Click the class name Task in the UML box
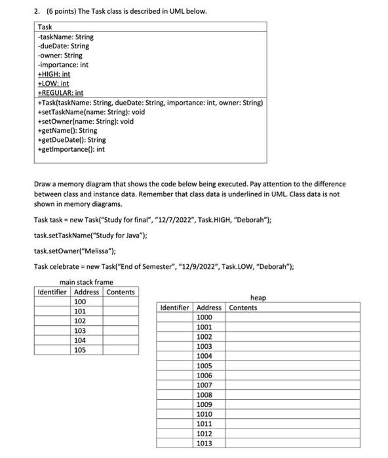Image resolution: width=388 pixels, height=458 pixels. click(x=45, y=27)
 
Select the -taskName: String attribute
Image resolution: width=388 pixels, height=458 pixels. click(x=66, y=37)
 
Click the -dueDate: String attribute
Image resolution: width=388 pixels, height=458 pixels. click(x=64, y=46)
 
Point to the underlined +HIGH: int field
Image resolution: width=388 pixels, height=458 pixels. click(x=54, y=75)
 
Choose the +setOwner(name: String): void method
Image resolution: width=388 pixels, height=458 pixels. click(x=86, y=121)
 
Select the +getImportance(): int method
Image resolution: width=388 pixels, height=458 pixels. click(x=71, y=149)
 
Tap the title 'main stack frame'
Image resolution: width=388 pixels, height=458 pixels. click(x=86, y=283)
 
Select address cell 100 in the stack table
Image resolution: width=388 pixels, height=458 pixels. click(x=79, y=302)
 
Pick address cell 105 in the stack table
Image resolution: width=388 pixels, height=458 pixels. click(x=79, y=350)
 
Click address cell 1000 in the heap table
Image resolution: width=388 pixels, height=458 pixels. click(x=204, y=317)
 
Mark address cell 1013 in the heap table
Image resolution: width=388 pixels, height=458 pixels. click(x=204, y=443)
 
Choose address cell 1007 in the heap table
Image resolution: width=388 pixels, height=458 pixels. click(x=204, y=385)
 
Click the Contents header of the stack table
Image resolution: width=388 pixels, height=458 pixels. click(x=121, y=292)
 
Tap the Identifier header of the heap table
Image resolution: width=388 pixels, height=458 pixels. click(x=174, y=308)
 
